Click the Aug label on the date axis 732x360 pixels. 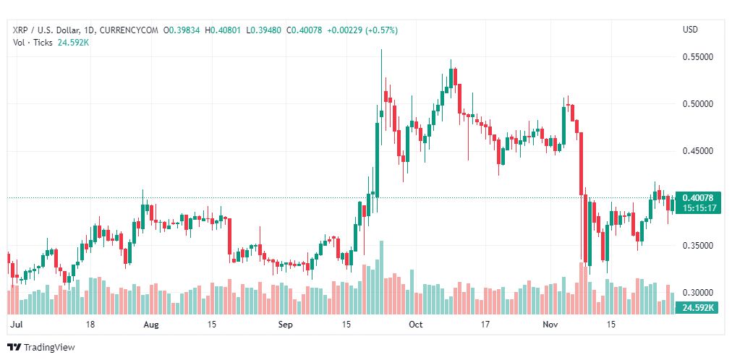[x=151, y=324]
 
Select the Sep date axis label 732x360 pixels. [x=285, y=324]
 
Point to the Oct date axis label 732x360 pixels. [x=415, y=324]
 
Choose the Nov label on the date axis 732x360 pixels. [x=550, y=324]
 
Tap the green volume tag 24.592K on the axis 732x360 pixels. [x=698, y=308]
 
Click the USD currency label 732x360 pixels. [x=691, y=30]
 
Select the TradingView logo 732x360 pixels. [x=41, y=348]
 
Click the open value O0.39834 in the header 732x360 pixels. [x=182, y=30]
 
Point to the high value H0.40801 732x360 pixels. [x=224, y=30]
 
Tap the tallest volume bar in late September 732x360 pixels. [x=381, y=278]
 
